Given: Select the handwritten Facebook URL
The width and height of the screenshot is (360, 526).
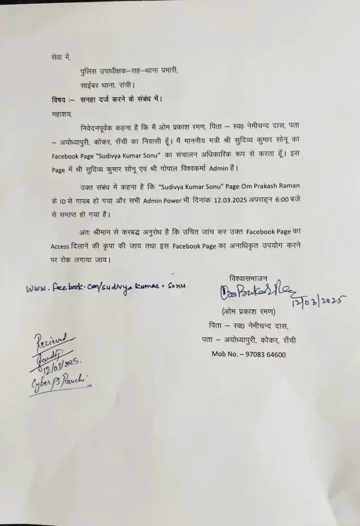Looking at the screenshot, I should point(106,287).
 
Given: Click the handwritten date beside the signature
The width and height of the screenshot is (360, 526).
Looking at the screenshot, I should point(318,303).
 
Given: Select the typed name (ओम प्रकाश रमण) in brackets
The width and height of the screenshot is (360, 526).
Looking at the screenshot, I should point(250,311).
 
